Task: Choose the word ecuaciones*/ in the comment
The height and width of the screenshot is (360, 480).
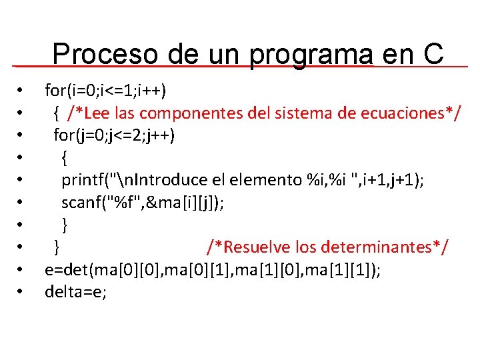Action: [409, 112]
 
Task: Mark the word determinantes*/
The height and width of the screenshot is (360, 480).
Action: [385, 247]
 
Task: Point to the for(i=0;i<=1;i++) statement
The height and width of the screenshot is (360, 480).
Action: [105, 90]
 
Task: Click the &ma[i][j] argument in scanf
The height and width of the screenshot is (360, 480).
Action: [177, 202]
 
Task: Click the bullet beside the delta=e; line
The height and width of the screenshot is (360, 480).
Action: [22, 291]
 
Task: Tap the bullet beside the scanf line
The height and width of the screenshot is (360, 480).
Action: [22, 202]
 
